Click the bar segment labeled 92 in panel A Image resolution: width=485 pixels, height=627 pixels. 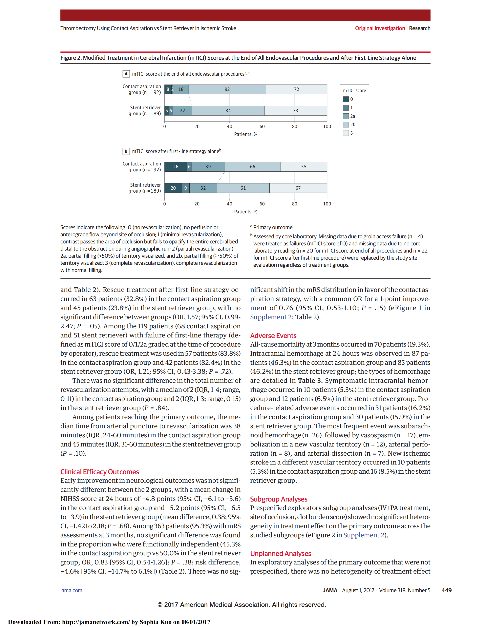pos(227,89)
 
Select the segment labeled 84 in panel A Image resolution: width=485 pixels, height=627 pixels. pos(228,110)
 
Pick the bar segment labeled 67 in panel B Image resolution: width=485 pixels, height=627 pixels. pos(298,188)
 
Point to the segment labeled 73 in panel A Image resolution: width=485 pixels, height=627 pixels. pos(295,110)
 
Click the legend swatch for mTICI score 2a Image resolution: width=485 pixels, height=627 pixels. pos(346,116)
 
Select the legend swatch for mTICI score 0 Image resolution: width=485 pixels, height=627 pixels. pos(346,99)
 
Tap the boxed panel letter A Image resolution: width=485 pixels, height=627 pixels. pos(126,74)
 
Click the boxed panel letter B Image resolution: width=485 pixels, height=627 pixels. pos(126,151)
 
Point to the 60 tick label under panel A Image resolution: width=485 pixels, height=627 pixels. pos(262,126)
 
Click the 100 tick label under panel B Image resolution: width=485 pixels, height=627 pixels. pos(327,204)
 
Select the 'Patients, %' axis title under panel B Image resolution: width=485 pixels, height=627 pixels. pos(246,212)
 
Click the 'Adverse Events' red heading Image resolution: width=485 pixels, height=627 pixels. pos(273,336)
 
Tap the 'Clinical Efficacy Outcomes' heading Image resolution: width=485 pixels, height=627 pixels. pos(99,472)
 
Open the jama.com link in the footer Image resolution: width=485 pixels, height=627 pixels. pos(71,590)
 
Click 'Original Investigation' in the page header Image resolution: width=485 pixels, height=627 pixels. pos(380,28)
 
